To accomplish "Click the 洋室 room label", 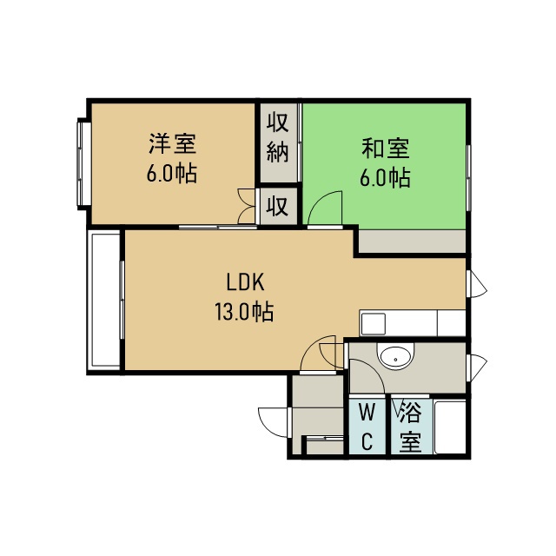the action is [172, 143].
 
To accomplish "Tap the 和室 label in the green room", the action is [386, 148].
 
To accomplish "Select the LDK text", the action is [245, 282].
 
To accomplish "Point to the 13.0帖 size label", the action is [244, 312].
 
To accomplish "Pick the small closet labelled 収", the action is [278, 206].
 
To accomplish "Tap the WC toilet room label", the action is [367, 427].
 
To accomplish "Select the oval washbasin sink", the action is [395, 355].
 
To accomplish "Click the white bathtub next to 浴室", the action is [450, 427].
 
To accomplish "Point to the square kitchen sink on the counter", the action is [373, 324].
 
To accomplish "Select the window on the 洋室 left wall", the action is [84, 164].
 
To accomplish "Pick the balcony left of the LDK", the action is [104, 301].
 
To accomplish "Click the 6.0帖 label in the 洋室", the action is [172, 173].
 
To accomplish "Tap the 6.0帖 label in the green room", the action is [386, 177].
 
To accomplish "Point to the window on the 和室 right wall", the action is [468, 177].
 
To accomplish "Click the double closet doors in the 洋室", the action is [246, 206].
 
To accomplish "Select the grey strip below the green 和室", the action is [412, 242].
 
